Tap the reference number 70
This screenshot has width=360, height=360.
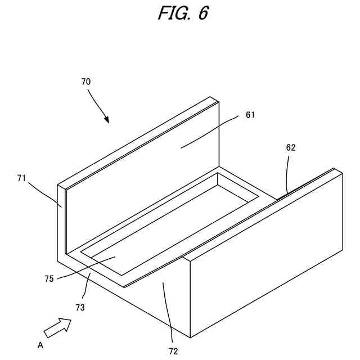[x=85, y=82]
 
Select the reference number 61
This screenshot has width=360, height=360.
[x=250, y=115]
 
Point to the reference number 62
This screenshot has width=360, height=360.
[x=290, y=148]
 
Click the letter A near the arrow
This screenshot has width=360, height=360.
[x=40, y=345]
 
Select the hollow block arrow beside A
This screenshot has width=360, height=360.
[x=58, y=327]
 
